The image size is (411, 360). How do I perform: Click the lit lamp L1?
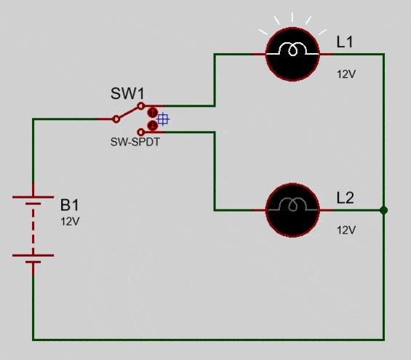[292, 54]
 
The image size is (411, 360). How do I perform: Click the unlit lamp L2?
[292, 210]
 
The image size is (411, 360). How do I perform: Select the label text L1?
[345, 42]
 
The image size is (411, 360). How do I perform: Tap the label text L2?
[346, 198]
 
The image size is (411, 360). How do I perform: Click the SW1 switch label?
[127, 93]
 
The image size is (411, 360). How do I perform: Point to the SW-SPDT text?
[135, 142]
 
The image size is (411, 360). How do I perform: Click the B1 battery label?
[69, 205]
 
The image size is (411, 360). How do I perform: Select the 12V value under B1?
[70, 222]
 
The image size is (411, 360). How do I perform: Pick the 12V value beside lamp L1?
[346, 74]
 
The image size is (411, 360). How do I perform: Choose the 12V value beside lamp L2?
[346, 231]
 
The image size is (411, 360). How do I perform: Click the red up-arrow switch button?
[152, 113]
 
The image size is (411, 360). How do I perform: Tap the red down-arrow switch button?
[152, 126]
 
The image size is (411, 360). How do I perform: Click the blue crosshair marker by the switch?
[163, 119]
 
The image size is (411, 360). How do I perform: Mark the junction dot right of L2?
[383, 210]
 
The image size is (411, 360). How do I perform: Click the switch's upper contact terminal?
[141, 106]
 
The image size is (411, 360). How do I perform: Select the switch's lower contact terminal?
[141, 132]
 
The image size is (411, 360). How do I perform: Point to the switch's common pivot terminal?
[116, 119]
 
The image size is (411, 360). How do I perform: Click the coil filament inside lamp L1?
[292, 49]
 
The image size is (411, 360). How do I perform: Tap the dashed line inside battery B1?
[33, 227]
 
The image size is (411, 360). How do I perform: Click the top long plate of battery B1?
[33, 197]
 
